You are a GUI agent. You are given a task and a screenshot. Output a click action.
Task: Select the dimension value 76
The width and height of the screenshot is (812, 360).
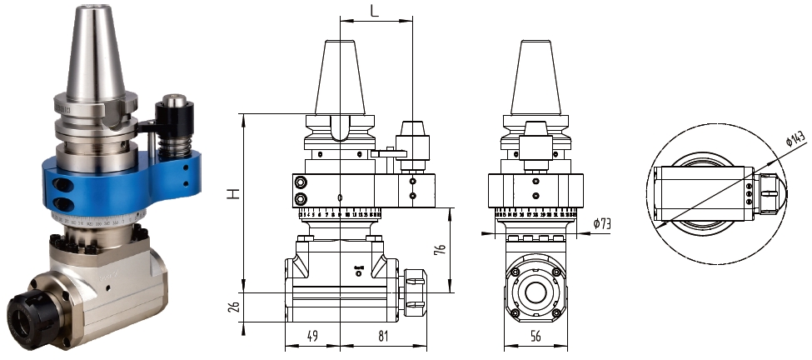tap(440, 248)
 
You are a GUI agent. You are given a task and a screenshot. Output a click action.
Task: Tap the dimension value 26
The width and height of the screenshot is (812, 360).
tap(235, 309)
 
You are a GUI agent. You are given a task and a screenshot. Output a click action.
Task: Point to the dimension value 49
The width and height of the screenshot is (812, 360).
tap(311, 337)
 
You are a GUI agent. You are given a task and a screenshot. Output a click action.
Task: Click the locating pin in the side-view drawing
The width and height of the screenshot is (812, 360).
tap(414, 142)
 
